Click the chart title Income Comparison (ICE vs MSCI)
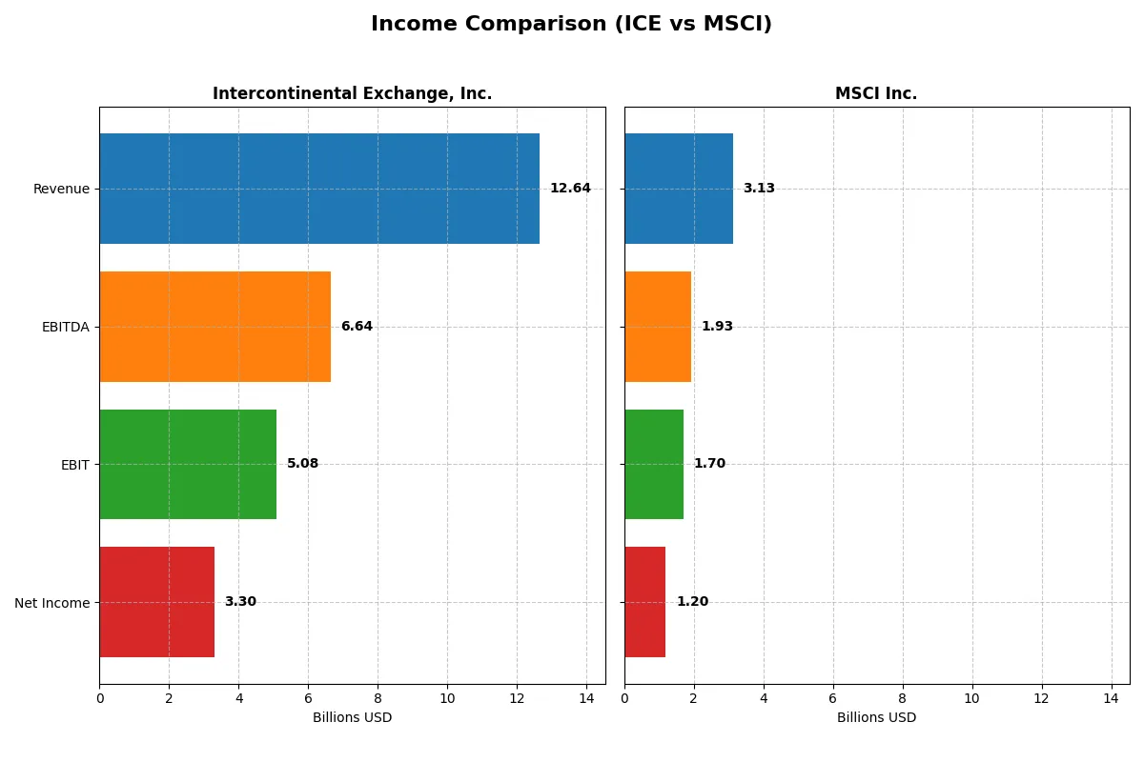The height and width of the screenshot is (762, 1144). point(571,25)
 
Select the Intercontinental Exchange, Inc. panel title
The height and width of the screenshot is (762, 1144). point(352,93)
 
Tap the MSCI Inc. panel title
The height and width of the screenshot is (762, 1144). point(875,93)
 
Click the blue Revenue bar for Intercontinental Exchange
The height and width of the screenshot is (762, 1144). point(319,189)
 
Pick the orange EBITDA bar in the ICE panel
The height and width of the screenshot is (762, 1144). point(214,327)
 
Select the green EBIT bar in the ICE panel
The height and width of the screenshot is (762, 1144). point(188,464)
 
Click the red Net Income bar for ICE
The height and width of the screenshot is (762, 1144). point(156,602)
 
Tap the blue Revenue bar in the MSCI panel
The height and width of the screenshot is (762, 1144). point(679,189)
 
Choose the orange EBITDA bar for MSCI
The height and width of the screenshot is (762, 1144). point(658,327)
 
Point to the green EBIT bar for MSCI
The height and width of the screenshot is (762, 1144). point(654,464)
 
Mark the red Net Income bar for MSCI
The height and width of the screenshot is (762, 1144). point(645,602)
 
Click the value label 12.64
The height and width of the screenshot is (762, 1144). point(570,189)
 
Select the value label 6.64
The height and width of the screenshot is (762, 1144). point(357,327)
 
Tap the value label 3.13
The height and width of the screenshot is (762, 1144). point(759,189)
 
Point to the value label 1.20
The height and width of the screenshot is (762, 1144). point(692,602)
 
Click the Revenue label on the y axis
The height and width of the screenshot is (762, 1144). point(61,189)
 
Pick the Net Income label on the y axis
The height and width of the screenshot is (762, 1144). point(52,603)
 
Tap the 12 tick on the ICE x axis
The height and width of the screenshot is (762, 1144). point(517,698)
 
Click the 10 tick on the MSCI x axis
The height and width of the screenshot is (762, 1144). point(971,698)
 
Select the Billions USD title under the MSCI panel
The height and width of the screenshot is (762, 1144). point(876,718)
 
